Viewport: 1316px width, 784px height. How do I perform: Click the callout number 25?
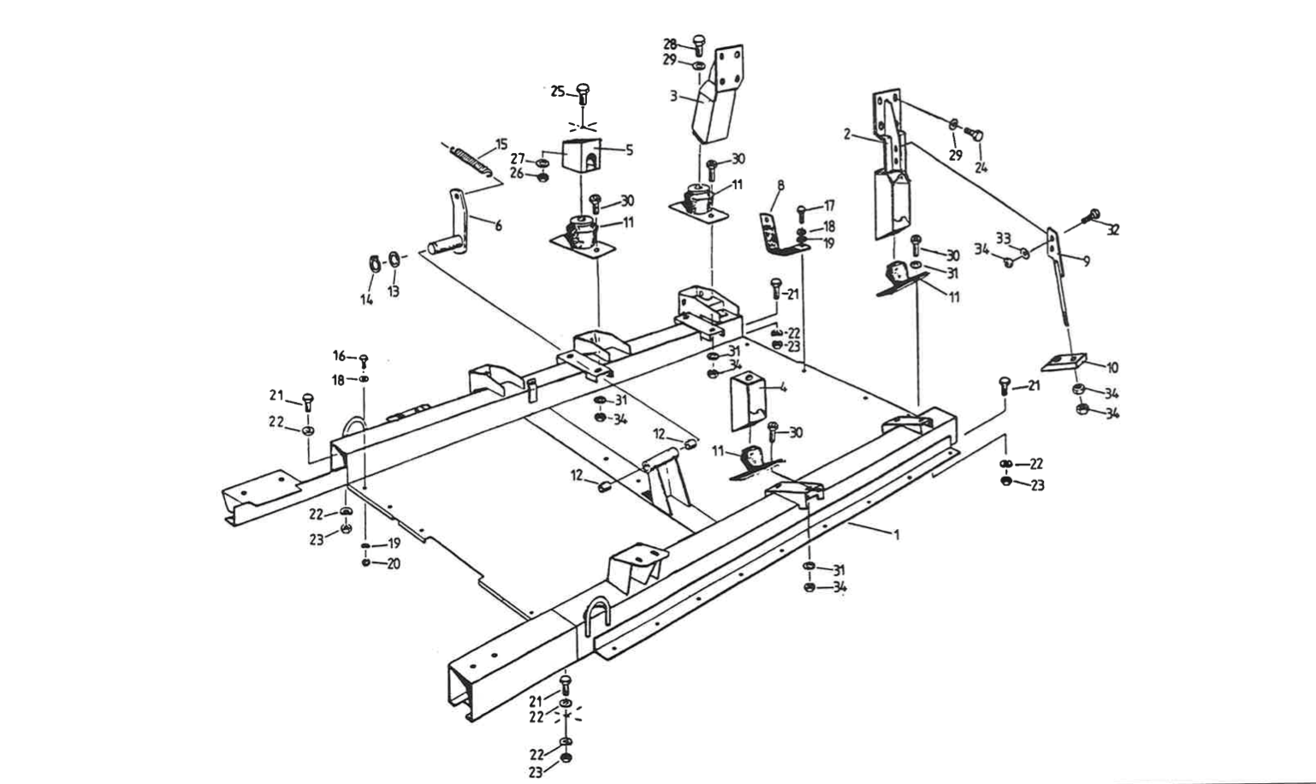557,92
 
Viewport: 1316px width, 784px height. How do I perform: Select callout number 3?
674,97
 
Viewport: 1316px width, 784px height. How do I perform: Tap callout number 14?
366,300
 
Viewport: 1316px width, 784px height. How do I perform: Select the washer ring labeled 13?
393,258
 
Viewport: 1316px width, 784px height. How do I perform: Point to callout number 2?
846,134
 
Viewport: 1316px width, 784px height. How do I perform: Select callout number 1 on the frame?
897,535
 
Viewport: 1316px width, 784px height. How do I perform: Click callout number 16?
339,355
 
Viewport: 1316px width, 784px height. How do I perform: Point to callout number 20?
394,563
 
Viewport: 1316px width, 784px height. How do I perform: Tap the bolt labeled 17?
801,209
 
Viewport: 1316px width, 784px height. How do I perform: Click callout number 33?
1003,236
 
